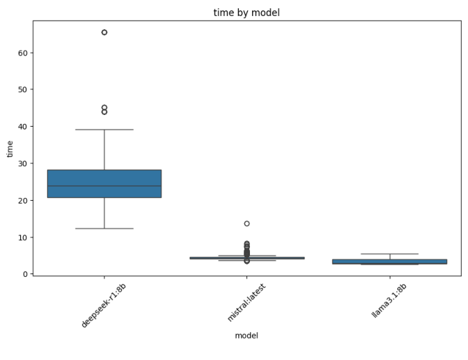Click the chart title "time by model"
coord(247,12)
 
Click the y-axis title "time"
coord(10,148)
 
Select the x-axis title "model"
coord(246,336)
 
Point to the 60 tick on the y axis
coord(22,53)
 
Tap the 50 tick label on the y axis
coord(22,90)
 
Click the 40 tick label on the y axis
coord(22,127)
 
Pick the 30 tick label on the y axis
coord(22,163)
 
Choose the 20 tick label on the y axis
coord(22,201)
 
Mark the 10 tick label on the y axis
coord(22,237)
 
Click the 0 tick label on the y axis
coord(25,274)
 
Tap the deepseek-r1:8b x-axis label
coord(104,305)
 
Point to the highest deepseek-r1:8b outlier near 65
coord(105,33)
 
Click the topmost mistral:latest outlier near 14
coord(247,224)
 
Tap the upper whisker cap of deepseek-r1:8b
coord(105,129)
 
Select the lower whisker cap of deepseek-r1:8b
coord(105,228)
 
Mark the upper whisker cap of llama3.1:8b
coord(390,254)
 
